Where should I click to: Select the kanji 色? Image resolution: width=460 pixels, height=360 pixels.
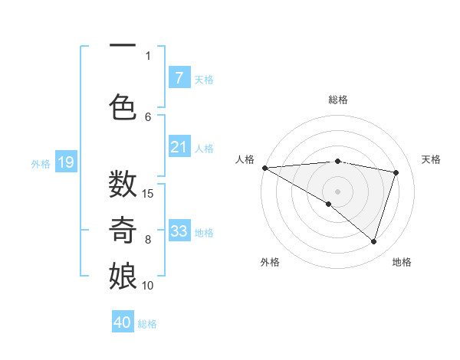click(x=123, y=106)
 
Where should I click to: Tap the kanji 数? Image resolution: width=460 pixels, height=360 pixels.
click(x=123, y=184)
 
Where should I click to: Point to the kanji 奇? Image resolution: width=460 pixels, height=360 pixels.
click(x=123, y=230)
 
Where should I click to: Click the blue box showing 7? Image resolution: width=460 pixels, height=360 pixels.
click(x=179, y=78)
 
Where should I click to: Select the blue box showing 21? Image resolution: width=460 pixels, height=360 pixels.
click(x=179, y=148)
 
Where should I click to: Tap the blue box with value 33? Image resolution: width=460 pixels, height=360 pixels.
click(x=179, y=231)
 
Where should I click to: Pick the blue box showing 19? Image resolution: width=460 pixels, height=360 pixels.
click(x=65, y=162)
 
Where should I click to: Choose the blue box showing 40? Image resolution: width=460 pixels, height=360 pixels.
click(x=123, y=322)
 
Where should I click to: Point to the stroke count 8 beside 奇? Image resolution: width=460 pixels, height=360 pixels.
click(x=148, y=239)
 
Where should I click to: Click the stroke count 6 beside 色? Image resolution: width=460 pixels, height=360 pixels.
click(x=148, y=116)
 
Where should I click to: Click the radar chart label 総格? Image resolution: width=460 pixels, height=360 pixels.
click(x=337, y=100)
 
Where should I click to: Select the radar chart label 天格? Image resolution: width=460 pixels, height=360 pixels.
click(x=431, y=159)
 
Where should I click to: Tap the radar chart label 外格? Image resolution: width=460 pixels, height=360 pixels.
click(x=270, y=262)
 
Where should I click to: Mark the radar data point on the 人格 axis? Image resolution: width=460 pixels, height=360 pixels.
click(x=264, y=168)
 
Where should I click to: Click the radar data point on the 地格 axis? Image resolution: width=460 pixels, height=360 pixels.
click(x=373, y=241)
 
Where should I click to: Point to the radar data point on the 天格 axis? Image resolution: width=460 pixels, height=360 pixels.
click(x=396, y=172)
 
